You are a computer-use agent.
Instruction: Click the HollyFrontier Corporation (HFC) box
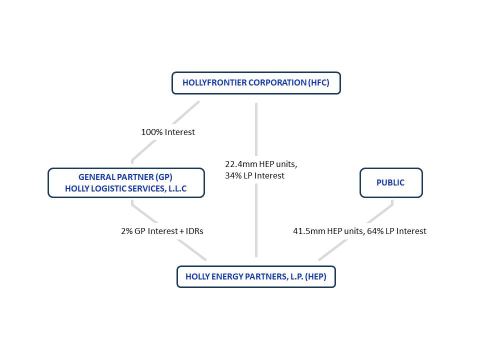[256, 83]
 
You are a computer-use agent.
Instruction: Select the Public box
[391, 183]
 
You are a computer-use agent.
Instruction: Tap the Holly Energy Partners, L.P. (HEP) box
[256, 276]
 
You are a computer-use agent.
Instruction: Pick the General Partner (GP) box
[126, 183]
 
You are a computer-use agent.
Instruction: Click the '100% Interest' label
[168, 132]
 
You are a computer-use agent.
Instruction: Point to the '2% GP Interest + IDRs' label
[162, 231]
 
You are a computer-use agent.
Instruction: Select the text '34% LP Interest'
[254, 175]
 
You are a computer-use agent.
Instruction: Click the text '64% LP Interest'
[396, 231]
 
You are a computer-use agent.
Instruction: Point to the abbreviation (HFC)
[318, 82]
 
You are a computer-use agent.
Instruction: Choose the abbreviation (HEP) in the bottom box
[315, 276]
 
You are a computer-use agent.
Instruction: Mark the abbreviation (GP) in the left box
[164, 177]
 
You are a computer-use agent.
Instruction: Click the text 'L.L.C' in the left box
[177, 188]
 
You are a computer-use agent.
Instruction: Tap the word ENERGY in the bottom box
[227, 276]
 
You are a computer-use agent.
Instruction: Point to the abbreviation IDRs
[194, 231]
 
